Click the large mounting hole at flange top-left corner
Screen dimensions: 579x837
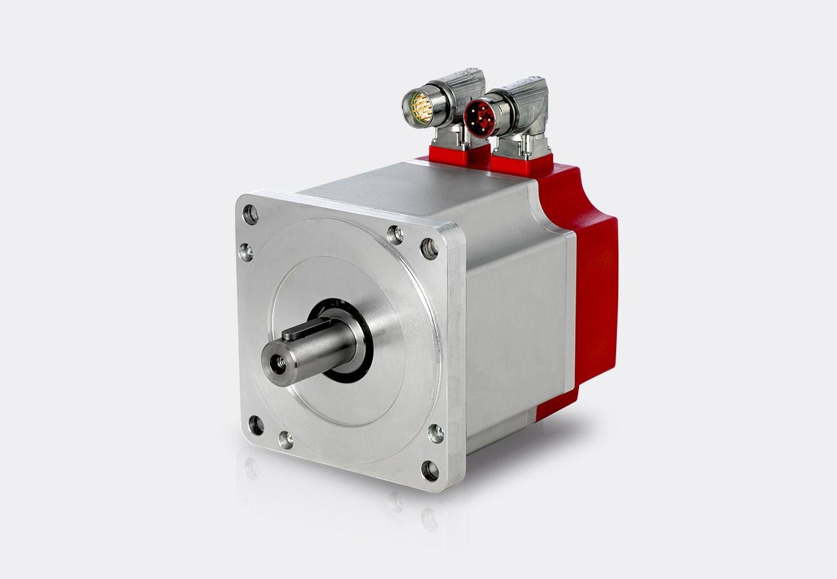250,214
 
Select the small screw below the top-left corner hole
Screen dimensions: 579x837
245,252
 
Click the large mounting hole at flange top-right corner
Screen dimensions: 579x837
429,248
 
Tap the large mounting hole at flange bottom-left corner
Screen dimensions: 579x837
256,425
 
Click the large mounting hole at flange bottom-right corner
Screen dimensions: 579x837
430,471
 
